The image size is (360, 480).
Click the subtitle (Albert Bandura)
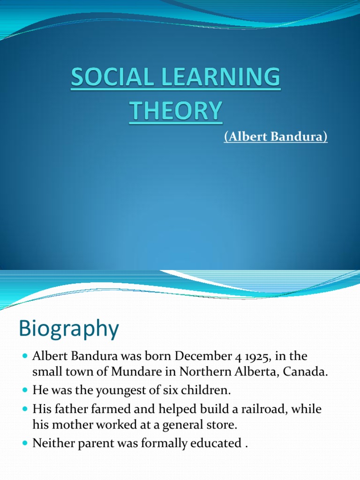[275, 138]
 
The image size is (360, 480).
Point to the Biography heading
[68, 329]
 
